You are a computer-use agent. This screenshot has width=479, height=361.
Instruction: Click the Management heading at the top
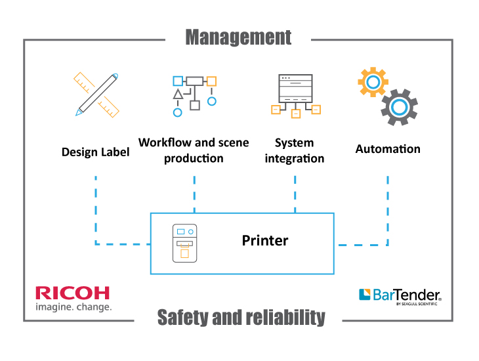(238, 37)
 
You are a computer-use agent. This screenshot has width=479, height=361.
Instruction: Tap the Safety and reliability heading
(241, 318)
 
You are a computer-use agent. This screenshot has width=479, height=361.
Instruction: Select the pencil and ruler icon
(96, 94)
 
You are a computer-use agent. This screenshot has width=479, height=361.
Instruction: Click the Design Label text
(96, 152)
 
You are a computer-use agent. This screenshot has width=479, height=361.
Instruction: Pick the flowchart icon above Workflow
(194, 95)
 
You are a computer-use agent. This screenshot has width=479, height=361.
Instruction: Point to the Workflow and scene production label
(194, 150)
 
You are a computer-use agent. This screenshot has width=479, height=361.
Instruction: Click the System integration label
(295, 150)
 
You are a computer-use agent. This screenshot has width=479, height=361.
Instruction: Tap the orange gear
(372, 82)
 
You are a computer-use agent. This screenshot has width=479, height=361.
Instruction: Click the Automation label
(388, 149)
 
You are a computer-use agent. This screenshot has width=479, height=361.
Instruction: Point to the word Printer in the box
(265, 241)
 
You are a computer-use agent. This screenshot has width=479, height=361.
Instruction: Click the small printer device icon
(184, 244)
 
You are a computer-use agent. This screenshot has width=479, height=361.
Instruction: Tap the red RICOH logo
(73, 293)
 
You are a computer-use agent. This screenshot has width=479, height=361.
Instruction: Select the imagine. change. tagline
(73, 307)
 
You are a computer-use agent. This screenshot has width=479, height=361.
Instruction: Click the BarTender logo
(400, 295)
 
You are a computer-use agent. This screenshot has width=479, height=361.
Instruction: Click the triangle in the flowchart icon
(178, 95)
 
